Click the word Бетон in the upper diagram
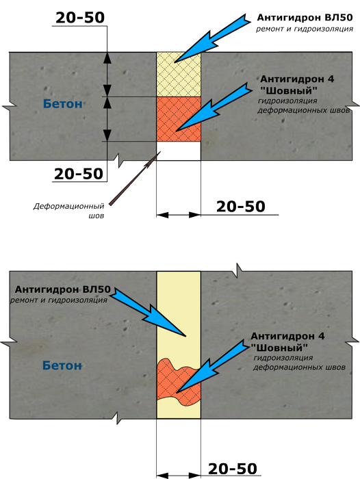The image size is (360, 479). coord(63,104)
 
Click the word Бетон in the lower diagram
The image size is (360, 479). coord(62,365)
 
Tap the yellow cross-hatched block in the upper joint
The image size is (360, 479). coord(179,75)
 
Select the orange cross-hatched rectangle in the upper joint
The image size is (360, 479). coord(179,119)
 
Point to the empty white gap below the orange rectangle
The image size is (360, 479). coord(179,151)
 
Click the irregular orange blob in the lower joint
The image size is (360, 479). coord(177,383)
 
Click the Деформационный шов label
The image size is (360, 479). coord(68,211)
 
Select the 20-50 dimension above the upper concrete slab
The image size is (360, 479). coord(80,18)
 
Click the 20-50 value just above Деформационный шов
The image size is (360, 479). coord(79,174)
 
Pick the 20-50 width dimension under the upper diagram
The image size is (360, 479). coord(240,207)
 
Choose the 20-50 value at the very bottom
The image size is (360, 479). coord(233,469)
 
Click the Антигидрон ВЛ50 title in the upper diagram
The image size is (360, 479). coord(305,18)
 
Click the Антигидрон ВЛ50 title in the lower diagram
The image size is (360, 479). coord(63,289)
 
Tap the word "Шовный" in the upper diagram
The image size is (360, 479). coord(289,91)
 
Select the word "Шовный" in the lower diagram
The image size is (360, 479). coord(279,348)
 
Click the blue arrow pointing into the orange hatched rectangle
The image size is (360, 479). coord(214,107)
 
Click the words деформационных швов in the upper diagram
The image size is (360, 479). coord(303,110)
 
